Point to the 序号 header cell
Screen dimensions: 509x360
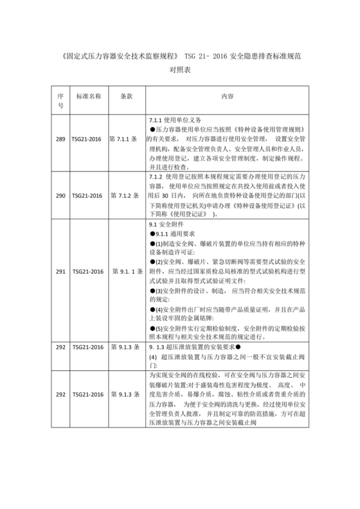click(x=60, y=100)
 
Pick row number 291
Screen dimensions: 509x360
click(x=60, y=271)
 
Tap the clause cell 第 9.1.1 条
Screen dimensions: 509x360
click(x=125, y=271)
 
